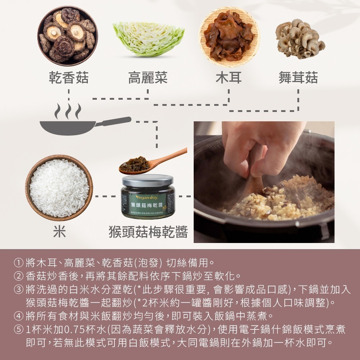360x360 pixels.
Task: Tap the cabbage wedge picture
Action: click(148, 39)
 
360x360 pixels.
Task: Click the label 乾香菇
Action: click(69, 78)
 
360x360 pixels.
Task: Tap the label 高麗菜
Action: click(148, 78)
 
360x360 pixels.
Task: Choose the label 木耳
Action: click(229, 78)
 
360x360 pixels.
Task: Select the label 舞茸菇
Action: click(298, 78)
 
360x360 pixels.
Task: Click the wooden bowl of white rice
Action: click(59, 188)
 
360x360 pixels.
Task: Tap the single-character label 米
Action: click(59, 232)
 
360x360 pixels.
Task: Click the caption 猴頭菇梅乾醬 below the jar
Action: click(148, 232)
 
